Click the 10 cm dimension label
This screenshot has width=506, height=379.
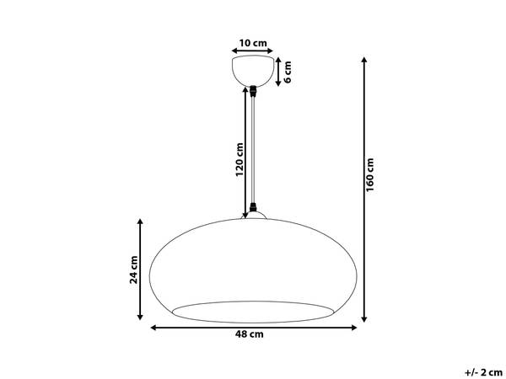tap(253, 43)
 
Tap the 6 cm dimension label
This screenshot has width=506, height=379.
tap(288, 72)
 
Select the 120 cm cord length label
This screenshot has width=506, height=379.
tap(240, 159)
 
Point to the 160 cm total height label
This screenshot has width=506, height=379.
tap(370, 175)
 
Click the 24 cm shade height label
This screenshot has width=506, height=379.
tap(133, 270)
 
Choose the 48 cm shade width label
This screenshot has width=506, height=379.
tap(249, 334)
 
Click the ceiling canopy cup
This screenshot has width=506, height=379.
tap(253, 71)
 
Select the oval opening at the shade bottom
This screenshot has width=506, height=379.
tap(253, 312)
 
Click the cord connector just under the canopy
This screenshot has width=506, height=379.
tap(253, 92)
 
